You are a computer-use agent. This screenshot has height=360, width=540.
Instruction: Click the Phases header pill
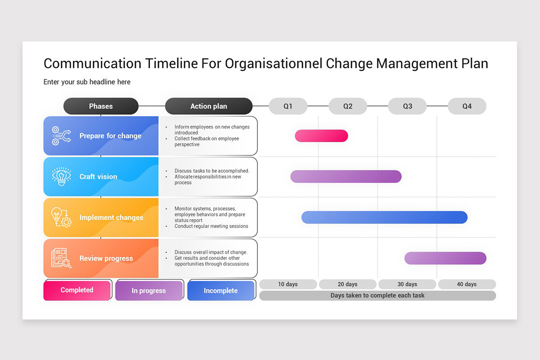[101, 106]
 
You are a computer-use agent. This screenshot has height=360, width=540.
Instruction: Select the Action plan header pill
[209, 106]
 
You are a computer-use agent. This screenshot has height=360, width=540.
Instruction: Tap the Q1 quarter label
[288, 106]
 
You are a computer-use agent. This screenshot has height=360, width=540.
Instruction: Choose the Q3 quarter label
[407, 106]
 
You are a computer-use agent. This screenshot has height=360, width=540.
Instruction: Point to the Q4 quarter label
[467, 106]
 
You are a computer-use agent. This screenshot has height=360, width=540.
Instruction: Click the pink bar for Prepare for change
[321, 135]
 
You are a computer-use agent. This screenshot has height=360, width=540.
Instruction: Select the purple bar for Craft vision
[346, 176]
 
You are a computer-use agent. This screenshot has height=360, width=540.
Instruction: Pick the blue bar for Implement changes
[384, 217]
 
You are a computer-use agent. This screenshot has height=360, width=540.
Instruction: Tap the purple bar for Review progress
[445, 258]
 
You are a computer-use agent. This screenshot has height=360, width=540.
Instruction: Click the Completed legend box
[77, 290]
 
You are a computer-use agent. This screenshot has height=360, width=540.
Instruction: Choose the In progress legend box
[149, 291]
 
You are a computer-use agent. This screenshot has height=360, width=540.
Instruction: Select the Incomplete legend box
[220, 291]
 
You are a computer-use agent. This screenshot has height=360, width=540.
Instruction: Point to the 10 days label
[288, 284]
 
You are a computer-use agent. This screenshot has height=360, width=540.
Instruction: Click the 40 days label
[467, 284]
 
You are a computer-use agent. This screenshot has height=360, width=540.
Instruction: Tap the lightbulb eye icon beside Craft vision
[61, 176]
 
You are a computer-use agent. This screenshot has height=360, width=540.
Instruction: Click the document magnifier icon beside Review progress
[61, 258]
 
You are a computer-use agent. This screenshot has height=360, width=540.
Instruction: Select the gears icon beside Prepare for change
[61, 135]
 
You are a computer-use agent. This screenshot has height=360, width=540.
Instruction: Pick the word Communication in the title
[92, 63]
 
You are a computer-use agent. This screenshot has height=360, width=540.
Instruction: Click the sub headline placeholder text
[87, 82]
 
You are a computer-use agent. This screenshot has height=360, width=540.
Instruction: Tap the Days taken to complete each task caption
[378, 296]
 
